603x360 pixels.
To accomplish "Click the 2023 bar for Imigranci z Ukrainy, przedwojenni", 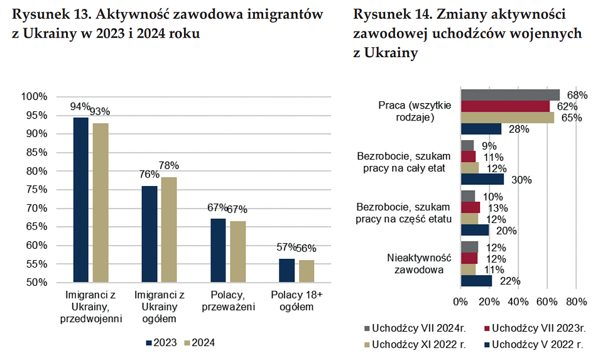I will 81,200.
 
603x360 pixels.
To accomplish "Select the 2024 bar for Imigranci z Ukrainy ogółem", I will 168,230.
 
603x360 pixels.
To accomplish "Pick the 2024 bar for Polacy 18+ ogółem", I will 307,271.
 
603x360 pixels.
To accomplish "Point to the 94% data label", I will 80,107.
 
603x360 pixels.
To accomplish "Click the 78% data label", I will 168,166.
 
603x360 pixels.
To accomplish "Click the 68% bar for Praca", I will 510,95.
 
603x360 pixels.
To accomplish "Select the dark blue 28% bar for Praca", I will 481,129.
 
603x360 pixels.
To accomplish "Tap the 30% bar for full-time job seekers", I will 482,180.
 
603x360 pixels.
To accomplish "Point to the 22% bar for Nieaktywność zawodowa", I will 477,281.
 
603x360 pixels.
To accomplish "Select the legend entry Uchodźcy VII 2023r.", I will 534,327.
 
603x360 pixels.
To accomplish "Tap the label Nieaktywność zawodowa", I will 420,264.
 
